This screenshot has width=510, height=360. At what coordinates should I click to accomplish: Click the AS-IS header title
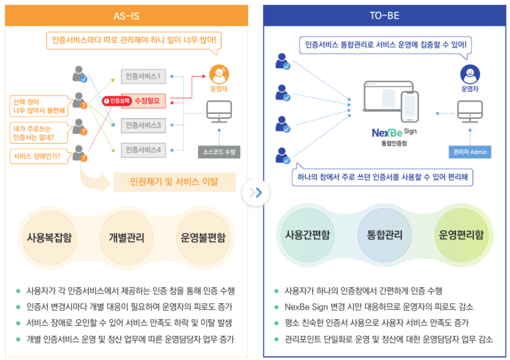[126, 16]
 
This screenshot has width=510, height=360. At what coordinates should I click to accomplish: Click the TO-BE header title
[384, 16]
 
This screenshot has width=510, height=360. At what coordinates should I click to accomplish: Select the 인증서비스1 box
[144, 77]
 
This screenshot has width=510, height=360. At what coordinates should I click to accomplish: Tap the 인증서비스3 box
[144, 125]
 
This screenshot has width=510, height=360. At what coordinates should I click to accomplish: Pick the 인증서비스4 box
[144, 150]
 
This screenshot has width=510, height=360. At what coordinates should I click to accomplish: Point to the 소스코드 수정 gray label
[219, 152]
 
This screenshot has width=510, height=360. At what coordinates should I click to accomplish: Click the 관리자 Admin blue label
[470, 152]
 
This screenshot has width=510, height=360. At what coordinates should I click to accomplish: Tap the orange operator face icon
[219, 74]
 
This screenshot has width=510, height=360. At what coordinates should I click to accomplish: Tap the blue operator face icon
[470, 74]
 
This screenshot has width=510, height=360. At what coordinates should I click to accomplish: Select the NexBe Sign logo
[394, 132]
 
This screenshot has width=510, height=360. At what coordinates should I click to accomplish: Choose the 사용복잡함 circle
[50, 238]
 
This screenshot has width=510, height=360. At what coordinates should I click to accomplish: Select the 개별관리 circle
[127, 238]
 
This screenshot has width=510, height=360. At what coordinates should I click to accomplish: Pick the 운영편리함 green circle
[461, 236]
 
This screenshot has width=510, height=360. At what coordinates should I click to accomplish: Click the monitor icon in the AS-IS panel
[219, 113]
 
